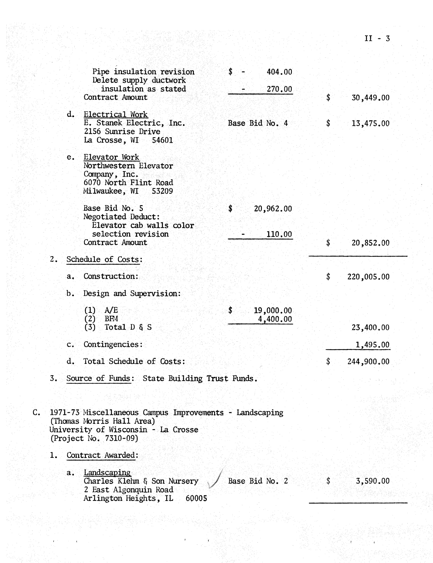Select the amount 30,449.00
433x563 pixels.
pos(370,98)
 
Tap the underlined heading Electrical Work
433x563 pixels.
pos(115,114)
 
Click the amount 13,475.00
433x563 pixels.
pos(370,124)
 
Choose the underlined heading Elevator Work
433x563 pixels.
pos(111,157)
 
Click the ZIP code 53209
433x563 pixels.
pos(162,191)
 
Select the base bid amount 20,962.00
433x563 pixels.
pos(273,209)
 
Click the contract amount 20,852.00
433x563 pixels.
pos(370,243)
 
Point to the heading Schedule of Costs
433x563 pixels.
pos(103,259)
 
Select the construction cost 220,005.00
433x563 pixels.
pos(368,277)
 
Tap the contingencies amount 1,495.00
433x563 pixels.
pos(372,345)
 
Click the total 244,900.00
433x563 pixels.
pos(368,362)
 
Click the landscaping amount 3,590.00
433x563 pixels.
pos(372,481)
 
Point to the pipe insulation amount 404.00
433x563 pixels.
pos(279,72)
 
